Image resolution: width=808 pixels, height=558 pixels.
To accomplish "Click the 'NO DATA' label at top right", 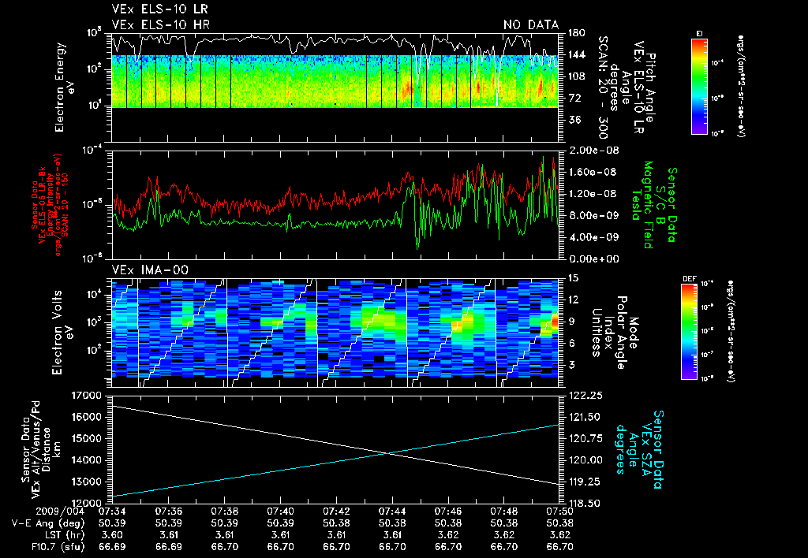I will pos(531,24).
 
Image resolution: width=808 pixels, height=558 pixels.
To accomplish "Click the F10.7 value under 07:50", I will pos(560,545).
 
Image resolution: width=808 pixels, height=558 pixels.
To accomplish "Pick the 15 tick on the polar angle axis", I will pos(571,277).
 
